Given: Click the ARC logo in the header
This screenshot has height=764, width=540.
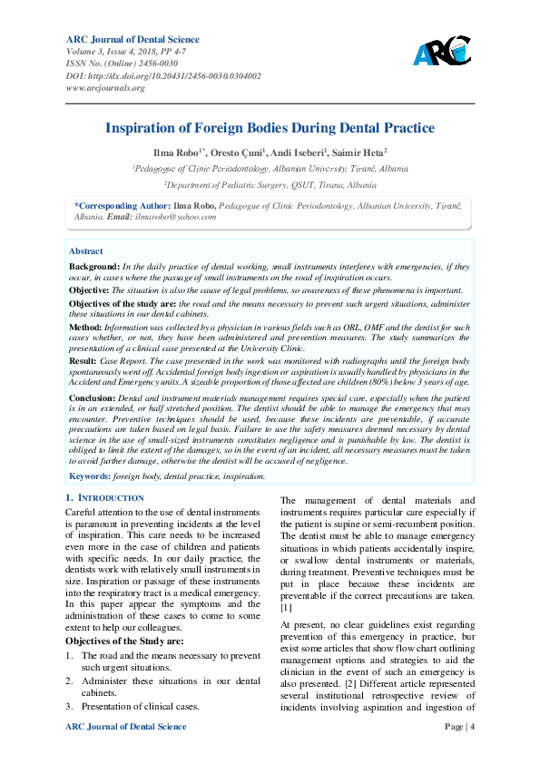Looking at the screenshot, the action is pyautogui.click(x=442, y=52).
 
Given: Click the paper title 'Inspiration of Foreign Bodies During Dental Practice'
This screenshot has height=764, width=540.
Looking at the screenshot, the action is pyautogui.click(x=270, y=128).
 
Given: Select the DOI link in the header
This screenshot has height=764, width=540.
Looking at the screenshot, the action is pyautogui.click(x=164, y=75).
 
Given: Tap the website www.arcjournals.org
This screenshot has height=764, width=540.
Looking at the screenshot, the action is pyautogui.click(x=106, y=88).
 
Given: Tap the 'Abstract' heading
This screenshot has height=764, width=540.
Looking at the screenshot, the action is pyautogui.click(x=86, y=251).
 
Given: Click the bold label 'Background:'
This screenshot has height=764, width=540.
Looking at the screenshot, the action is pyautogui.click(x=94, y=267).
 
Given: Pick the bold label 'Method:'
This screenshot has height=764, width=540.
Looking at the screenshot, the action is pyautogui.click(x=85, y=325).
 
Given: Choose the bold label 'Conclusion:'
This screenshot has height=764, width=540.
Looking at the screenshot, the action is pyautogui.click(x=93, y=398).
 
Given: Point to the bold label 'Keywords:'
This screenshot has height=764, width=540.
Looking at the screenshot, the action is pyautogui.click(x=90, y=475).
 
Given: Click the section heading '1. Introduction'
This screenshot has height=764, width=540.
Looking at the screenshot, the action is pyautogui.click(x=105, y=498).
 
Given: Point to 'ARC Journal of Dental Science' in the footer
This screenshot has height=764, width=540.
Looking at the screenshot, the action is pyautogui.click(x=126, y=727).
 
